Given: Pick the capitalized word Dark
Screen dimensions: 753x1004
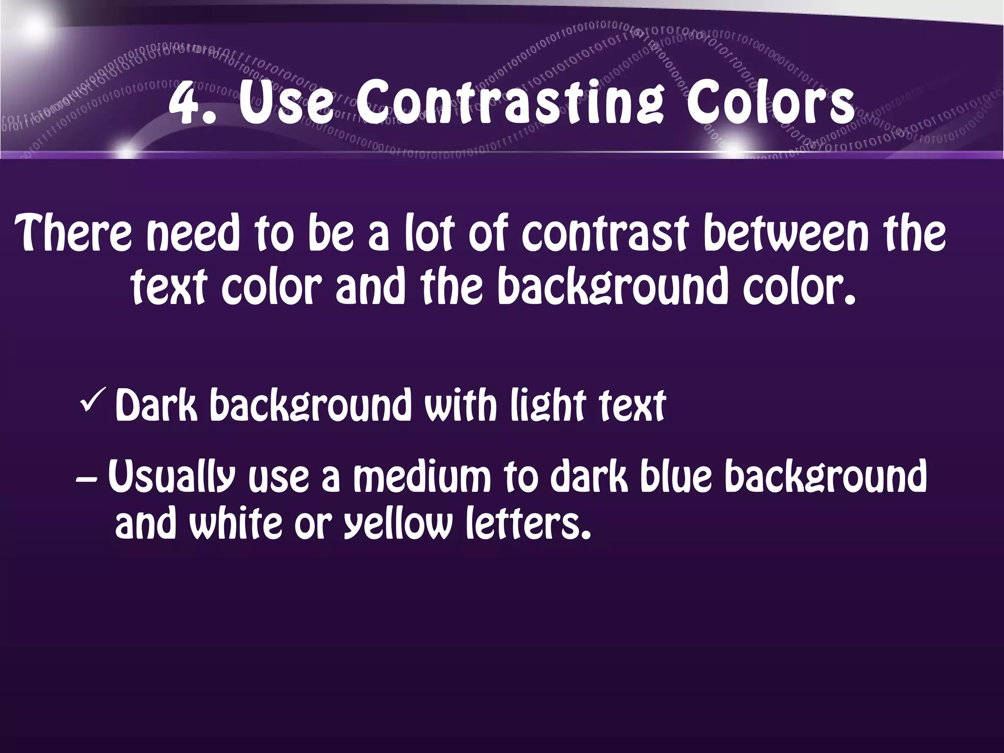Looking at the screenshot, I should click(156, 406).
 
